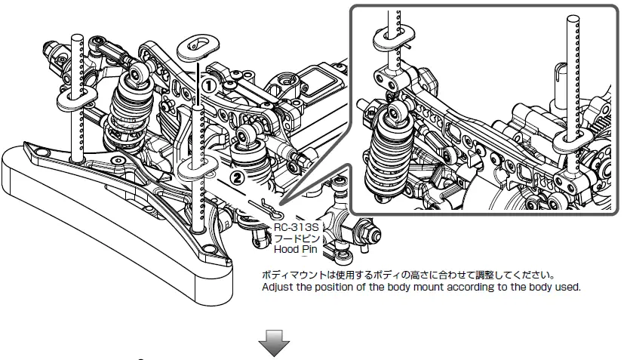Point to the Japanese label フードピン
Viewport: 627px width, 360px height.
pos(297,236)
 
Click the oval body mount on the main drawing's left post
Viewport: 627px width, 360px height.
pos(75,95)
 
